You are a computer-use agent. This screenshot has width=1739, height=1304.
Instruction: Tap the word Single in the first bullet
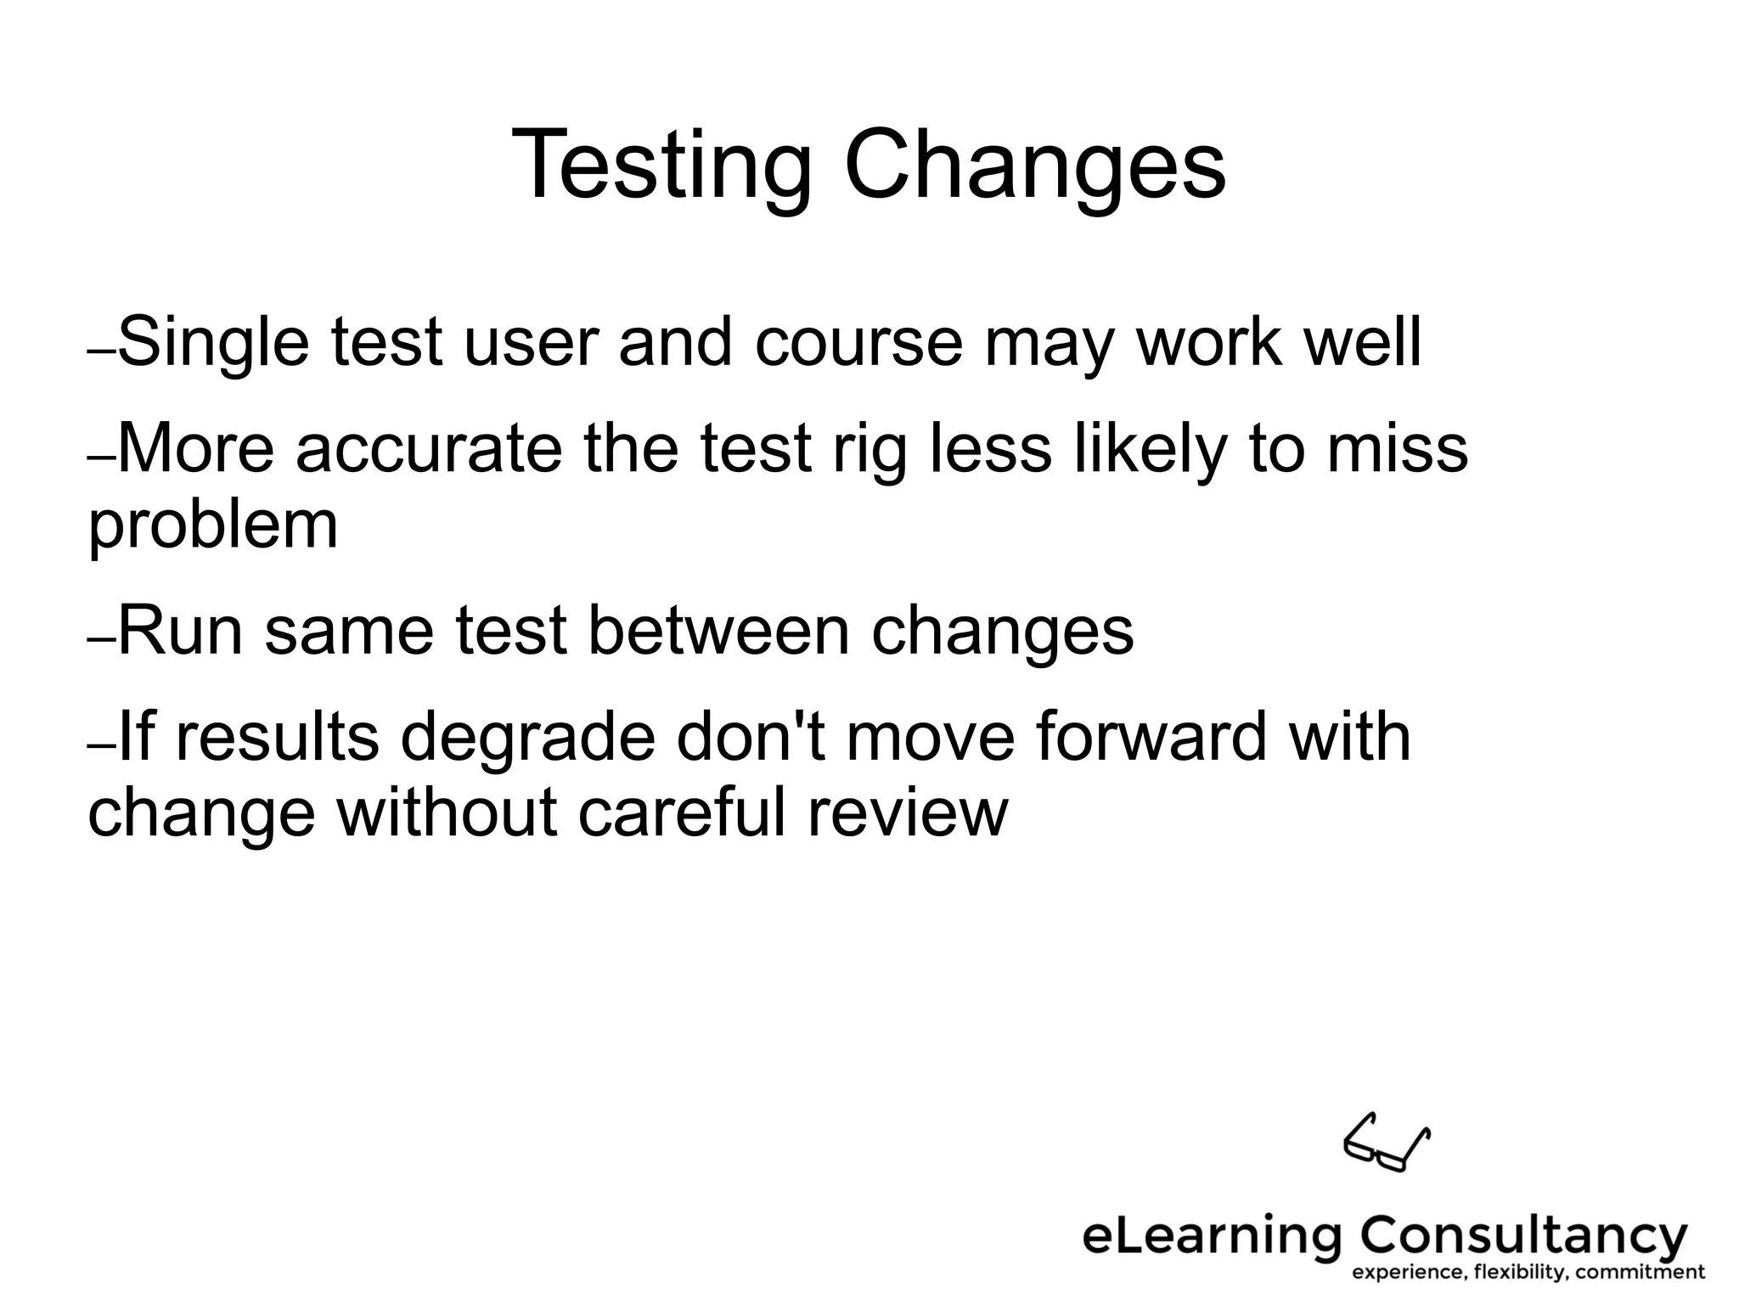pos(213,342)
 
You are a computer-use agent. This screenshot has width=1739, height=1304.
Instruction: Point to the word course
pos(858,342)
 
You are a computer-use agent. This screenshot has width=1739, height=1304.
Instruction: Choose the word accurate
pos(429,449)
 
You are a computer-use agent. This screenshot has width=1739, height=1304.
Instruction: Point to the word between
pos(718,632)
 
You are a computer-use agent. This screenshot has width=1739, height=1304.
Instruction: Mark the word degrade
pos(527,737)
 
